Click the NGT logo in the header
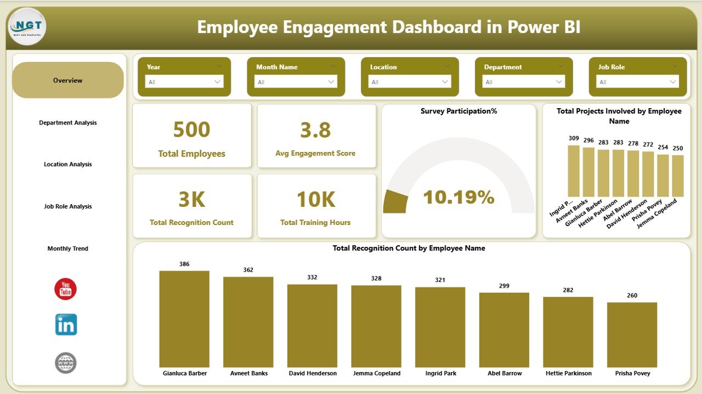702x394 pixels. click(x=27, y=26)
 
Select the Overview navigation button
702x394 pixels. click(x=68, y=81)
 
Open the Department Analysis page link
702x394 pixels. click(x=68, y=123)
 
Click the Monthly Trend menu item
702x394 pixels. click(x=68, y=249)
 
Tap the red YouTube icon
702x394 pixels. click(x=65, y=289)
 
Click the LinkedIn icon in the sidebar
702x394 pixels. click(x=66, y=325)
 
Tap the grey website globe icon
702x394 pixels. click(x=66, y=363)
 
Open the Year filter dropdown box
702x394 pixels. click(x=184, y=82)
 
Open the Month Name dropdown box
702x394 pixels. click(x=296, y=82)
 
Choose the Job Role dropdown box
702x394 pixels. click(x=638, y=82)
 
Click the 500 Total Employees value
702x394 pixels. click(x=191, y=130)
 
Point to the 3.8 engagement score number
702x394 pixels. click(x=315, y=130)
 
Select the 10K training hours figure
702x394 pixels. click(x=315, y=200)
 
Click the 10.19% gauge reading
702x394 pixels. click(x=458, y=198)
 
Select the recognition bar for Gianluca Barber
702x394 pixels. click(x=184, y=319)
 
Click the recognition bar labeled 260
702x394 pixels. click(x=632, y=334)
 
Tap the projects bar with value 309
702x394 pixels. click(x=574, y=171)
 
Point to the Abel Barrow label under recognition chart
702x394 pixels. click(x=504, y=373)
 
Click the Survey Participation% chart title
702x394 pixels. click(x=458, y=111)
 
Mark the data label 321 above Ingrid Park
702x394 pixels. click(x=440, y=280)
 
